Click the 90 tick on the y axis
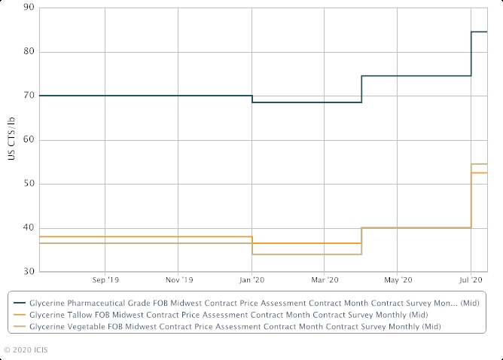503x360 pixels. [x=29, y=8]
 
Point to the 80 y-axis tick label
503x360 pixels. [x=29, y=52]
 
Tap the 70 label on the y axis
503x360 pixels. [x=29, y=96]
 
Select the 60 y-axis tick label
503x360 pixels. [x=29, y=140]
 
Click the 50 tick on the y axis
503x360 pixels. [x=29, y=184]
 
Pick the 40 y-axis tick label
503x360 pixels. [x=29, y=228]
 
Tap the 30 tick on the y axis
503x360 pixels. [x=29, y=272]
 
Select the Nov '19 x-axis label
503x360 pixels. [x=178, y=279]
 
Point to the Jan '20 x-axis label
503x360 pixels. [x=251, y=279]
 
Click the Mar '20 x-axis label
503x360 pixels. [x=324, y=279]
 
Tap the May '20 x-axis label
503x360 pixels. [x=398, y=279]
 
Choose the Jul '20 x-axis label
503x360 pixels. [x=471, y=279]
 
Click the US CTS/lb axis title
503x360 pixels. [x=11, y=139]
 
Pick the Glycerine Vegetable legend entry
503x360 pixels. [x=233, y=327]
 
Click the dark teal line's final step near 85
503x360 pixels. [x=480, y=32]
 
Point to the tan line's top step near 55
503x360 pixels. [x=480, y=164]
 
